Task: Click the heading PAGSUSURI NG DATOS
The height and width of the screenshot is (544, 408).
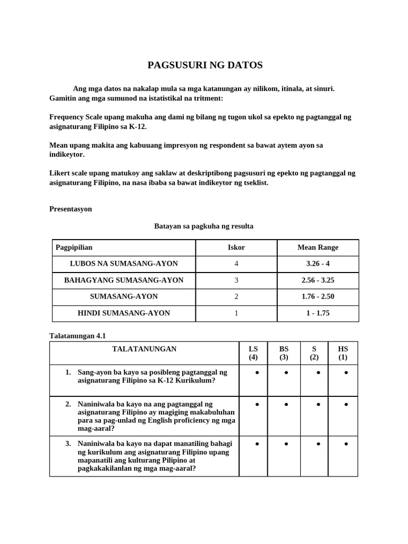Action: point(205,65)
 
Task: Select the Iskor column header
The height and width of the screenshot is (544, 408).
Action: point(236,247)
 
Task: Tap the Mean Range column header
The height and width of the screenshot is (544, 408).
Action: point(318,247)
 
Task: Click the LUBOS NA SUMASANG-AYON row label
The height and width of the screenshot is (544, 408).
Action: point(124,263)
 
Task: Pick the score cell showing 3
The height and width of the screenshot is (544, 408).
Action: point(236,280)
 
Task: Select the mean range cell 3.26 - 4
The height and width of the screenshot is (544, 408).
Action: point(318,263)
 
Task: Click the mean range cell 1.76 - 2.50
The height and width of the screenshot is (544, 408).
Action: point(318,296)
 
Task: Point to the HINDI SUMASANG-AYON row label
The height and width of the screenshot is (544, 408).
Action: point(124,313)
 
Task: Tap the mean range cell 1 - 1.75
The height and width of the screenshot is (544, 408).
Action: point(318,313)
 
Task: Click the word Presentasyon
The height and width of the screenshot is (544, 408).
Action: point(71,209)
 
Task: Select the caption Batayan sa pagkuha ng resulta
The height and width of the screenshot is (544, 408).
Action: point(203,226)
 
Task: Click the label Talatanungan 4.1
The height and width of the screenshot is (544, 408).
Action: point(74,335)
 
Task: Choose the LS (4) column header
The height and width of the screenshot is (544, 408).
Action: point(253,353)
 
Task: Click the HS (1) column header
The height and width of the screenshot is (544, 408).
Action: point(343,353)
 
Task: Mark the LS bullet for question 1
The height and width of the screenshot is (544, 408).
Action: point(257,373)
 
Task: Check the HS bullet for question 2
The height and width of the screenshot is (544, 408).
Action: point(346,405)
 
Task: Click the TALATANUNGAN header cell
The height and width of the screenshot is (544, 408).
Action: point(144,349)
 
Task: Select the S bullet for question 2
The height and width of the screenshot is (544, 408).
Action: point(318,405)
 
